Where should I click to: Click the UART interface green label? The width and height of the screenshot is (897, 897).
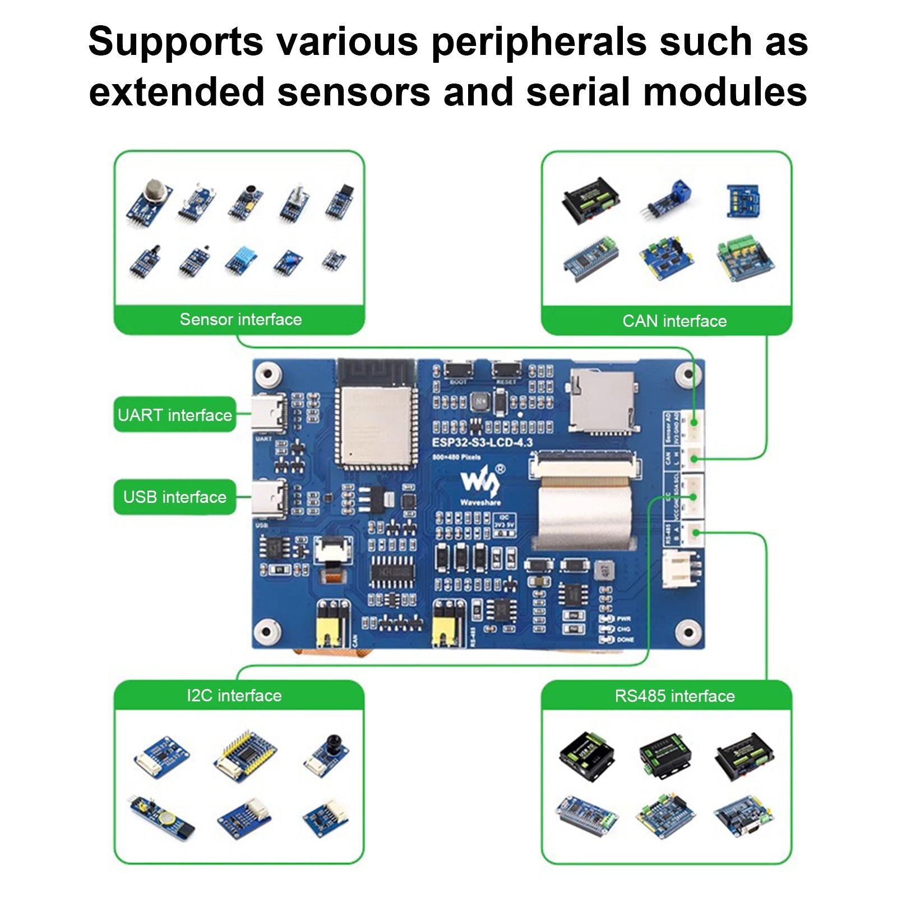[x=174, y=415]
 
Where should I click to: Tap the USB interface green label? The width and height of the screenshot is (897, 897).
[x=174, y=497]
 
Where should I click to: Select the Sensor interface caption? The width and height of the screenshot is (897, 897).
[x=241, y=320]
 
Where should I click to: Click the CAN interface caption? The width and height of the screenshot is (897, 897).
[x=674, y=321]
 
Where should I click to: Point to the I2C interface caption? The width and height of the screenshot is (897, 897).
[x=234, y=696]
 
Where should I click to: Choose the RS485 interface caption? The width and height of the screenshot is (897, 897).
[x=674, y=696]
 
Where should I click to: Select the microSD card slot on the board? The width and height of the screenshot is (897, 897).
[x=603, y=401]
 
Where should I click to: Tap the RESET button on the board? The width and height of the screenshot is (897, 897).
[x=506, y=370]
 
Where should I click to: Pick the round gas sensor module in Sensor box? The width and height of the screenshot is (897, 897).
[x=149, y=203]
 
